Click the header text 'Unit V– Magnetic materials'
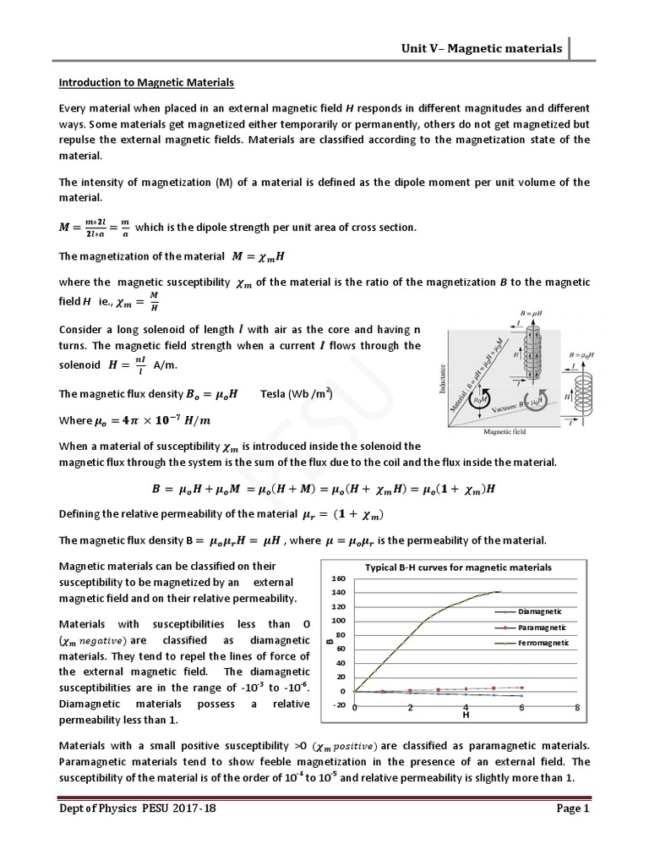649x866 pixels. pyautogui.click(x=481, y=48)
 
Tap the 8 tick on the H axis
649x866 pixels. pyautogui.click(x=577, y=707)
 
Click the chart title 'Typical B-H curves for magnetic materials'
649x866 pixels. pyautogui.click(x=457, y=567)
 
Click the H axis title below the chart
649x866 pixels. pyautogui.click(x=465, y=715)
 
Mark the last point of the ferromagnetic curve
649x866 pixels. pyautogui.click(x=500, y=592)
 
